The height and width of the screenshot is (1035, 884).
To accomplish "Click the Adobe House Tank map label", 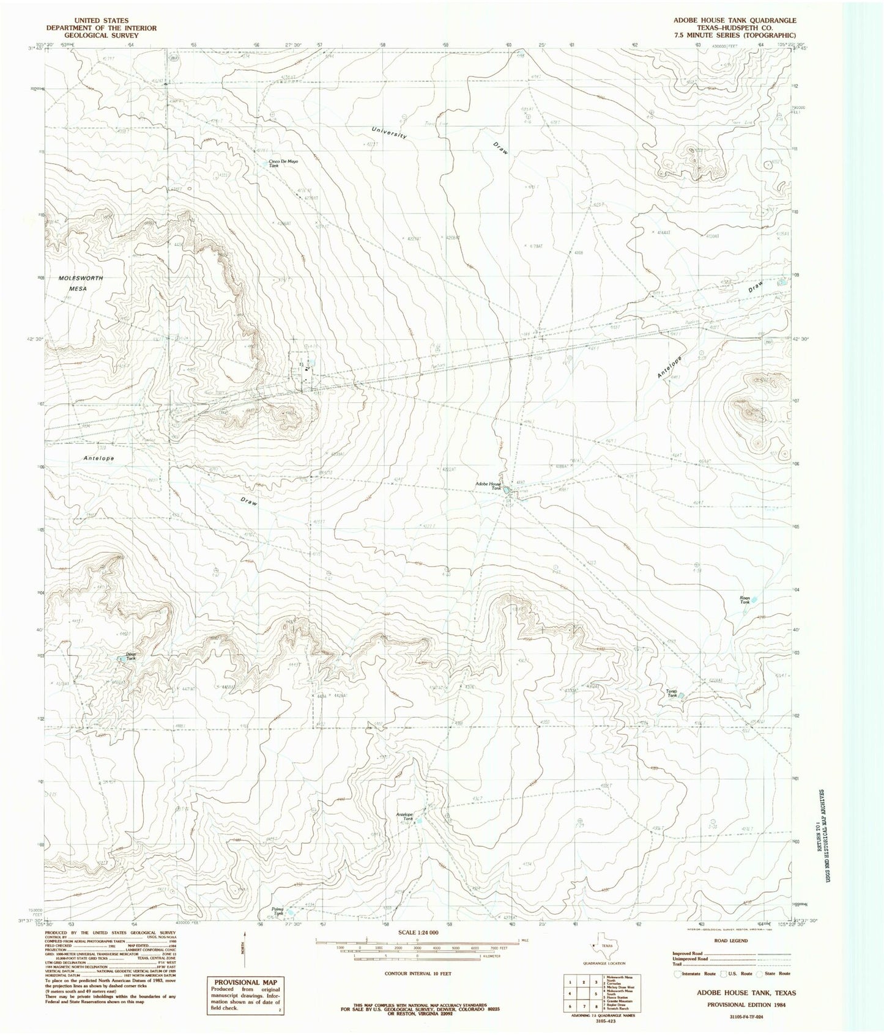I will click(x=488, y=486).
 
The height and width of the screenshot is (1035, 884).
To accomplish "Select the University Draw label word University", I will click(x=389, y=132).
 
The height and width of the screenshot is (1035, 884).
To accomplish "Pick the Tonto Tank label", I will click(x=672, y=693).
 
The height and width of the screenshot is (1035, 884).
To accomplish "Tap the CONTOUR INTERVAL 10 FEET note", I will click(x=418, y=973).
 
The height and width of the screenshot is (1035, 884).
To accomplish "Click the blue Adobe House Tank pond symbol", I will click(x=507, y=490).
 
